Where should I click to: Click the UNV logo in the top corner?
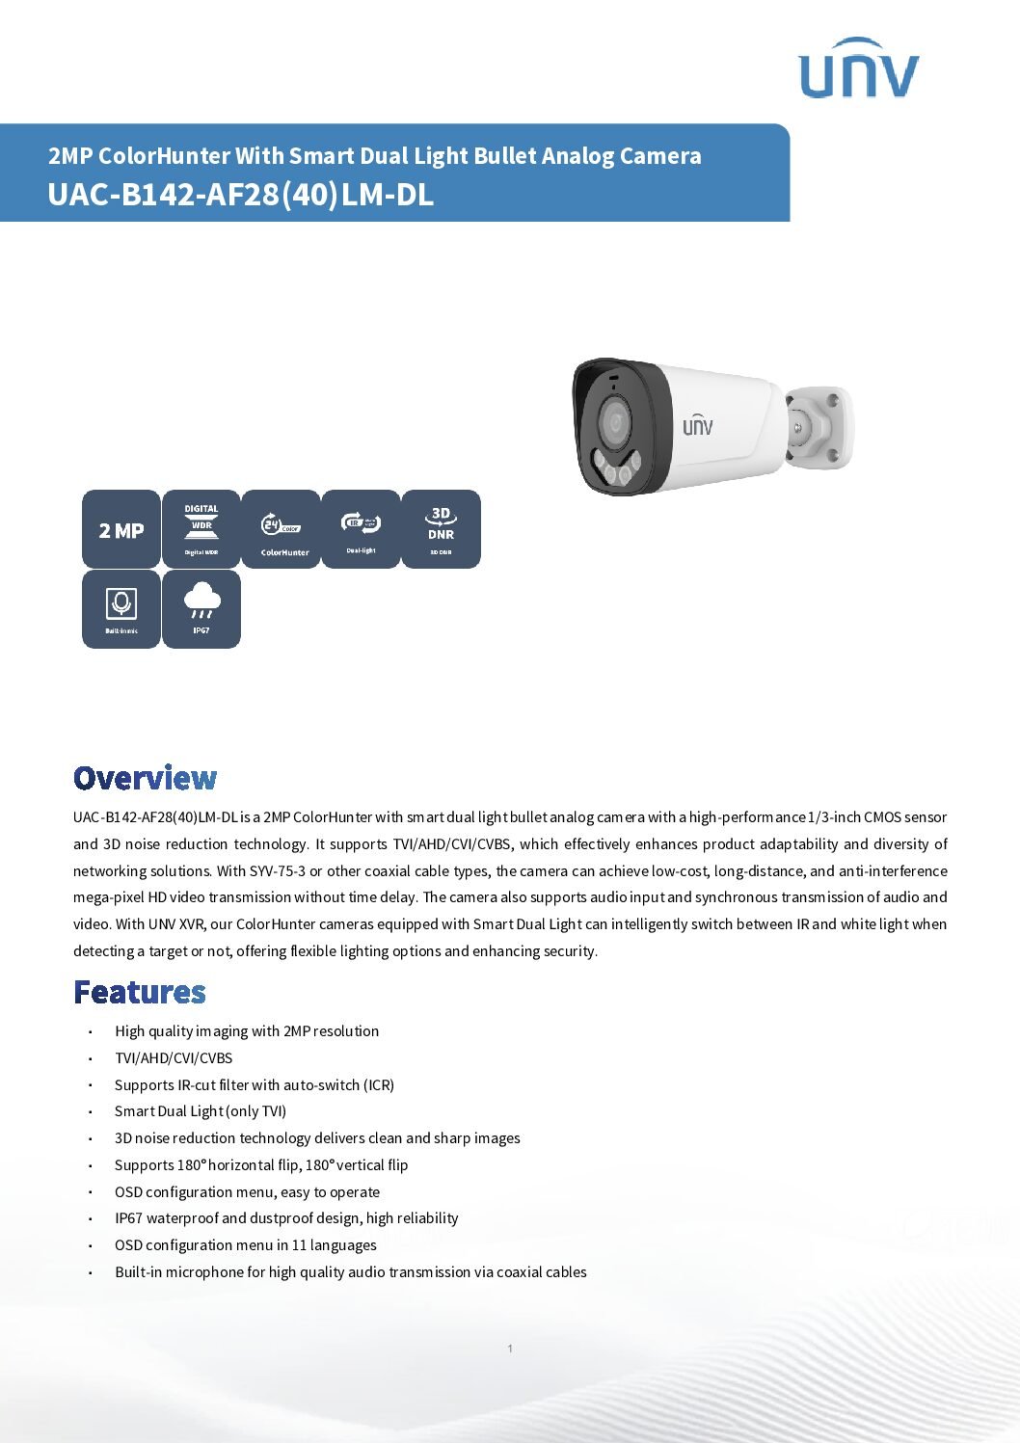pos(858,69)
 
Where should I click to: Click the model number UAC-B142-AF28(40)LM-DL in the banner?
pos(240,195)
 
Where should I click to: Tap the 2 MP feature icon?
pos(121,529)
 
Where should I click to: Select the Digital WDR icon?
pos(201,529)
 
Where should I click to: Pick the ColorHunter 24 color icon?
pos(281,529)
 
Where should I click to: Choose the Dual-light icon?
pos(361,529)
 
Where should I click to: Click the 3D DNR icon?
pos(441,529)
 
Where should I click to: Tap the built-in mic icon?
pos(121,608)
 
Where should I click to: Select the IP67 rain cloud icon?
pos(201,608)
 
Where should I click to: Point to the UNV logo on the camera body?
pos(698,424)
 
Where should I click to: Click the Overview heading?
pos(146,778)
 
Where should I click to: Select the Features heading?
pos(140,992)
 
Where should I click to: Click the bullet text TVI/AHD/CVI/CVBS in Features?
pos(174,1057)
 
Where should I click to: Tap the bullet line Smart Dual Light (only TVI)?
pos(201,1111)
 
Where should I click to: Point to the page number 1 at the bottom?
pos(510,1349)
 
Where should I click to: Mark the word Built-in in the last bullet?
pos(138,1272)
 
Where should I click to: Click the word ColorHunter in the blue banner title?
pos(164,156)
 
